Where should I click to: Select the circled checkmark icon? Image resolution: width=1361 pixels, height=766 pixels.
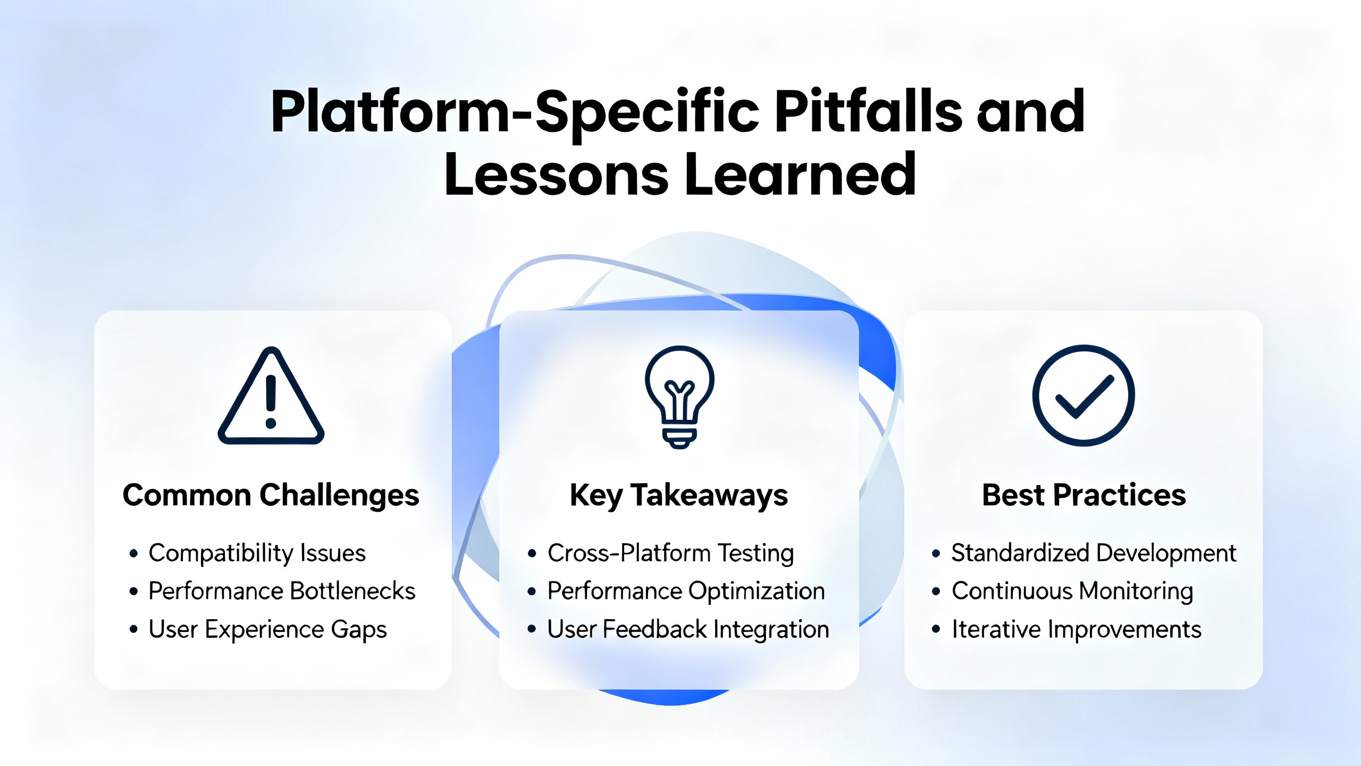click(x=1083, y=395)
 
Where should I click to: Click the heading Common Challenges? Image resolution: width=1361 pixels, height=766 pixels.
click(x=271, y=495)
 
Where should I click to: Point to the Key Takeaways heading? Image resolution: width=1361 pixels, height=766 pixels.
click(x=679, y=496)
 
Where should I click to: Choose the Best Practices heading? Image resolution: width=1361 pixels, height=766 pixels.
click(x=1084, y=495)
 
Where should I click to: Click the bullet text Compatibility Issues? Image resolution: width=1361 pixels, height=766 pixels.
click(x=257, y=553)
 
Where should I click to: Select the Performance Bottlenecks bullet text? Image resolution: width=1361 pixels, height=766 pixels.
click(x=282, y=591)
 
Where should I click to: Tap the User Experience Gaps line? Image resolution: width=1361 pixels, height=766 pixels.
click(x=268, y=630)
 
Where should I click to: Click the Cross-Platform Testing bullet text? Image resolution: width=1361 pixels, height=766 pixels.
click(x=671, y=553)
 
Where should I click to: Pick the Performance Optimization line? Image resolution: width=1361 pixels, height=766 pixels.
click(x=686, y=592)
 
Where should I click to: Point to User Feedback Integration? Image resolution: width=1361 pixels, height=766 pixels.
click(x=688, y=630)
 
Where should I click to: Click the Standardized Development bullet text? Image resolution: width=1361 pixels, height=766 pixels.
click(x=1094, y=553)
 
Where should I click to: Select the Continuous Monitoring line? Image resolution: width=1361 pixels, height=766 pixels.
click(x=1073, y=592)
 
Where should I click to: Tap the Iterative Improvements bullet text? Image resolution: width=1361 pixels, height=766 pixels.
click(x=1077, y=630)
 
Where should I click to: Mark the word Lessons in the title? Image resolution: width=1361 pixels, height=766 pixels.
click(x=557, y=174)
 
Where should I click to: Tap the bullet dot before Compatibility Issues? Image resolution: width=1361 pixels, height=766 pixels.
click(x=133, y=554)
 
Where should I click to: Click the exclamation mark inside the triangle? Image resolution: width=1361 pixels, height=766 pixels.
click(x=271, y=402)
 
